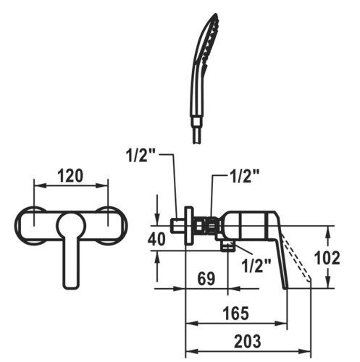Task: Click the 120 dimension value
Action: click(x=70, y=175)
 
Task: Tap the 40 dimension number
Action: click(x=156, y=239)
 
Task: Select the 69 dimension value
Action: click(x=206, y=278)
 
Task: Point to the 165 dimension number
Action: click(x=235, y=313)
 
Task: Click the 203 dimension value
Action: click(x=248, y=341)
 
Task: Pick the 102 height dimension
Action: click(x=327, y=258)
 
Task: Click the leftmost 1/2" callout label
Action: click(x=140, y=155)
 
